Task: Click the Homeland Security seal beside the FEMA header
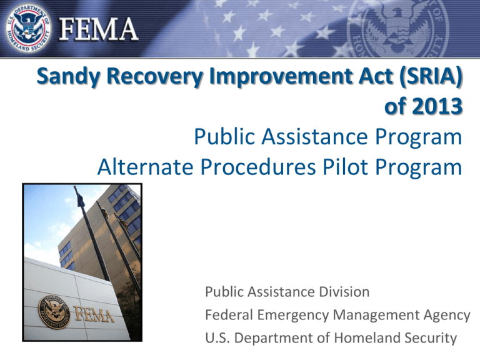tap(29, 29)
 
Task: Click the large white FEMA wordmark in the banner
tap(99, 29)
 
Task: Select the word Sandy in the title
tap(69, 76)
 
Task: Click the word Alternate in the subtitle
tap(145, 167)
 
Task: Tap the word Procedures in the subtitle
tap(257, 167)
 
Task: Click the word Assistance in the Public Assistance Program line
tap(314, 136)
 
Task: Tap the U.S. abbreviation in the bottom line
tap(217, 338)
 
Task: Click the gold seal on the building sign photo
tap(54, 312)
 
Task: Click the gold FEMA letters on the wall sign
tap(94, 314)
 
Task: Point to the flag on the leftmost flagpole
tap(80, 197)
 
